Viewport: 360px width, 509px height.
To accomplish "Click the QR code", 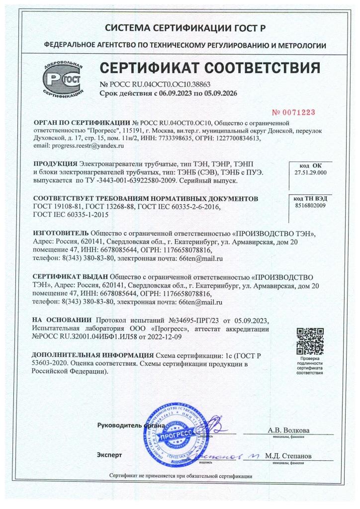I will (310, 340).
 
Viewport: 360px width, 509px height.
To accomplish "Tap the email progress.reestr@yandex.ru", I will (78, 146).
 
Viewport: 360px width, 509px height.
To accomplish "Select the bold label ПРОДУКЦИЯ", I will (55, 164).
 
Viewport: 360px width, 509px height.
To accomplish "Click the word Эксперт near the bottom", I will (109, 455).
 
